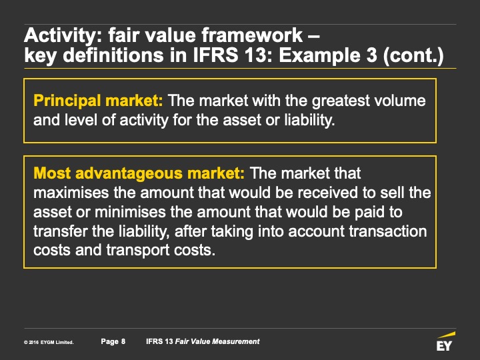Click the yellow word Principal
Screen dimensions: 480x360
click(x=67, y=101)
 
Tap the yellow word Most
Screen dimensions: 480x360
click(x=53, y=173)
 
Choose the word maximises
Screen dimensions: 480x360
click(x=71, y=193)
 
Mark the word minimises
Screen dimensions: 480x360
click(x=131, y=212)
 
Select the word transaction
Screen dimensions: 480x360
click(x=388, y=231)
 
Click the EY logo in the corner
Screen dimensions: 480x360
click(x=445, y=341)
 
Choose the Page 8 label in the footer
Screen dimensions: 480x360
click(x=113, y=341)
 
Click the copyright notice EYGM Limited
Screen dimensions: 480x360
click(x=49, y=343)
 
